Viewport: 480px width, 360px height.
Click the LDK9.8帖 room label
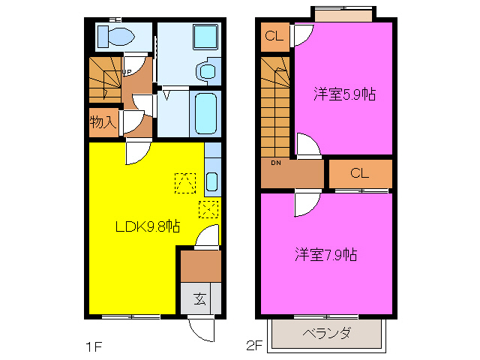(147, 226)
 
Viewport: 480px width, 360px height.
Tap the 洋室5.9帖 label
(344, 94)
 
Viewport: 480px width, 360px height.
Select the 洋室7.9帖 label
(325, 255)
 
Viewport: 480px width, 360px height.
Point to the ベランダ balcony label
(327, 334)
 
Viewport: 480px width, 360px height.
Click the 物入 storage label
(103, 122)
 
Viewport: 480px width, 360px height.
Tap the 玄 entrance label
(200, 298)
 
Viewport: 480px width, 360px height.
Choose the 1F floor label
(92, 346)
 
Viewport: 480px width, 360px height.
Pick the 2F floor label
(255, 346)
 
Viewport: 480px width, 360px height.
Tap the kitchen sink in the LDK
(211, 181)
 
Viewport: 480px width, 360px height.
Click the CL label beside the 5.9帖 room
(273, 35)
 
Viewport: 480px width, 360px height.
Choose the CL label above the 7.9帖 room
(359, 173)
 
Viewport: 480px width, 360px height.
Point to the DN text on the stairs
(275, 163)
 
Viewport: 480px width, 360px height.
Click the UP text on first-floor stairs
(127, 72)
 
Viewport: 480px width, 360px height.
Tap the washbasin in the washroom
(206, 71)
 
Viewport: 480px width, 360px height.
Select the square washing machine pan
(202, 37)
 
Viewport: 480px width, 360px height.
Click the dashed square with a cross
(208, 208)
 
